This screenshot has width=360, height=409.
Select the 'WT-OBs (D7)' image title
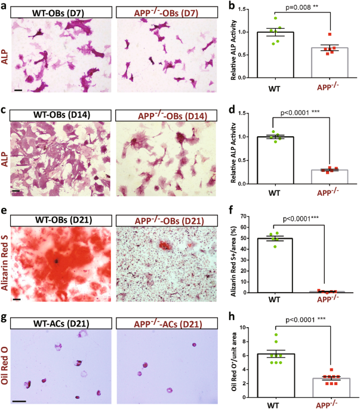tap(60, 12)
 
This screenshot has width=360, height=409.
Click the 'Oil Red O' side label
tap(5, 362)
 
